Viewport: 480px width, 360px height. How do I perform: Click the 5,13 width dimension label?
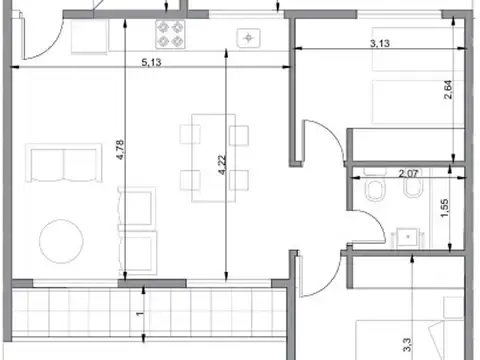click(151, 62)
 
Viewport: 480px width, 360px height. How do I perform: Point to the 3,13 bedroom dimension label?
click(379, 43)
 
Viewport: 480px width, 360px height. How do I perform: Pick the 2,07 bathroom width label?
click(408, 174)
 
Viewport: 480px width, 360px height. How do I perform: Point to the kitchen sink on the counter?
click(247, 38)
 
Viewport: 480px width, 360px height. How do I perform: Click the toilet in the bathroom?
click(372, 192)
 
